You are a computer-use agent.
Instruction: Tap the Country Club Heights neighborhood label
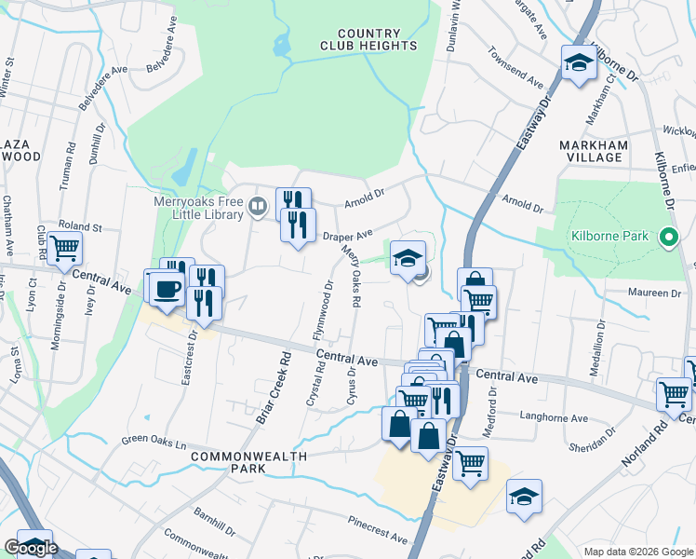pos(368,39)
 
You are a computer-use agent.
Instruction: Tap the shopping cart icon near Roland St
pos(64,248)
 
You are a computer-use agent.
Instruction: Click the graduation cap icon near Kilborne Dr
pos(578,64)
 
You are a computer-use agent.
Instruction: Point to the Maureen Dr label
pos(657,293)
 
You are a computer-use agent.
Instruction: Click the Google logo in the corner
pos(31,548)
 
